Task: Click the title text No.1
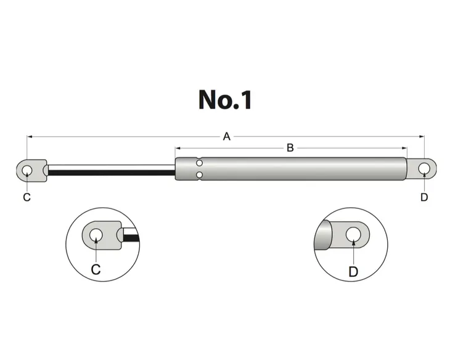click(x=225, y=99)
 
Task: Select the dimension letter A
click(x=226, y=136)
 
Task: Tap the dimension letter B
click(x=290, y=148)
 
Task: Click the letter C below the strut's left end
click(x=27, y=197)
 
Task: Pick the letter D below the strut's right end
click(x=424, y=197)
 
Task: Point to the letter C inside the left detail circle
click(x=96, y=269)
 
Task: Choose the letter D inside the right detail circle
click(x=353, y=271)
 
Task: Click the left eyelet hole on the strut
click(x=27, y=170)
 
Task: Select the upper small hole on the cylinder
click(x=199, y=163)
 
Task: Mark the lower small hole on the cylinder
click(x=199, y=176)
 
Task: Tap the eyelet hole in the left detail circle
click(x=96, y=235)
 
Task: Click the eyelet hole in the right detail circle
click(x=353, y=234)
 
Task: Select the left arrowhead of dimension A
click(x=29, y=136)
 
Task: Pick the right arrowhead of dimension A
click(x=422, y=136)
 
